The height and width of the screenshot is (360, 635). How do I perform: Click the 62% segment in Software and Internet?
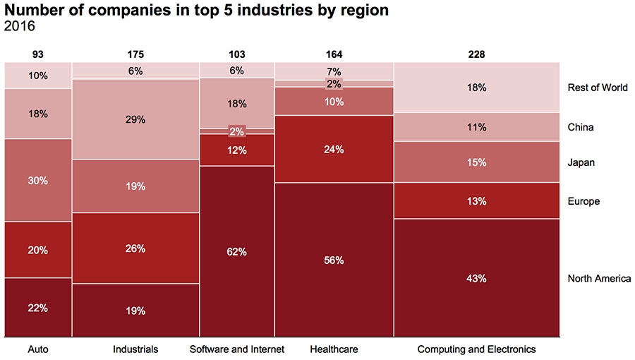tap(236, 251)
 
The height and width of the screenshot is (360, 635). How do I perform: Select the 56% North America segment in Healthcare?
tap(334, 260)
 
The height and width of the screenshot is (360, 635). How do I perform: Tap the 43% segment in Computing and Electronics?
tap(476, 278)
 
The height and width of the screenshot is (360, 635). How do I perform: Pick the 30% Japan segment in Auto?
tap(38, 180)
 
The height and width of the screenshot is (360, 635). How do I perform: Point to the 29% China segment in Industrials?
tap(135, 119)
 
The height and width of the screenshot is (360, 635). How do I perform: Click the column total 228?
tap(476, 54)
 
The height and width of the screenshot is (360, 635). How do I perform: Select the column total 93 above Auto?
tap(38, 54)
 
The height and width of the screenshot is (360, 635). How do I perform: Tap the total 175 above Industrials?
tap(135, 54)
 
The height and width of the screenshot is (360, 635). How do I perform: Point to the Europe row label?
tap(583, 201)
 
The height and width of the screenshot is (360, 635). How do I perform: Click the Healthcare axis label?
tap(334, 349)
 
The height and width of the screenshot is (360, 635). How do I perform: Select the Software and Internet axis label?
tap(237, 349)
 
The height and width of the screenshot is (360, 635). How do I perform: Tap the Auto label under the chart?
tap(38, 349)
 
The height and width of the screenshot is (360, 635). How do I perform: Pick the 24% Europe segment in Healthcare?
tap(334, 149)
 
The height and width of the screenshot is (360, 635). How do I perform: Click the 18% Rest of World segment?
tap(476, 88)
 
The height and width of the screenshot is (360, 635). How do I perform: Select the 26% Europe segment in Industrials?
tap(135, 248)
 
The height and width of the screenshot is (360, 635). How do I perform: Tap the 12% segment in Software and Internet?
tap(236, 150)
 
